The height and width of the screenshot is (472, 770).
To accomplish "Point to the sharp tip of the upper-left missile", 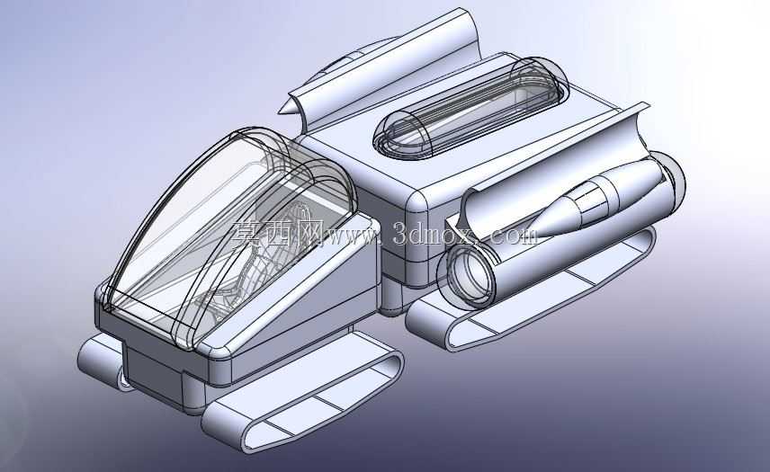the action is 279,112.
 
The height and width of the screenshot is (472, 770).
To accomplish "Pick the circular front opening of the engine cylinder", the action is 468,273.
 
